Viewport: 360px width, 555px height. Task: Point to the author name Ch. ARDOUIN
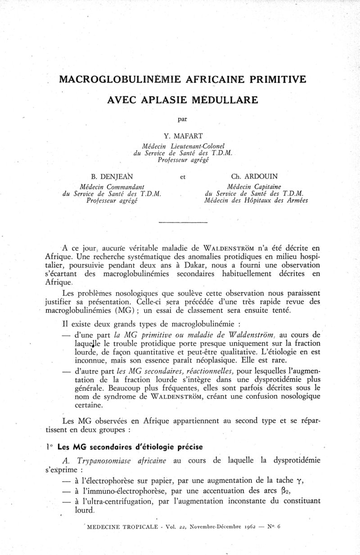255,177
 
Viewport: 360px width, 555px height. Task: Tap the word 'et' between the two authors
183,177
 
